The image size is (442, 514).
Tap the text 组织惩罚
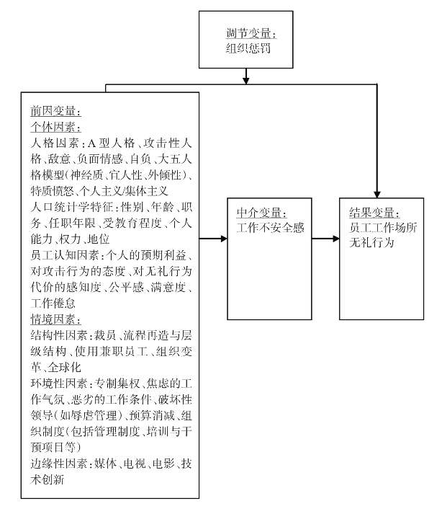248,48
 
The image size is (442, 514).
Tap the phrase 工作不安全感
271,228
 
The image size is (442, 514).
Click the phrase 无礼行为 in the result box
371,242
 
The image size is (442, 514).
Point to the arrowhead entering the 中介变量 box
225,239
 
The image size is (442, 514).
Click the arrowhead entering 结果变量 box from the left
336,239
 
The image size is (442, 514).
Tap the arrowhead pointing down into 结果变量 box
377,195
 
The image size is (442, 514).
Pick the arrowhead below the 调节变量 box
246,81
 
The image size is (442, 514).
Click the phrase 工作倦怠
53,303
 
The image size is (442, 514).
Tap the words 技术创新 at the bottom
48,479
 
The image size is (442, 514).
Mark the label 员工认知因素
65,255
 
